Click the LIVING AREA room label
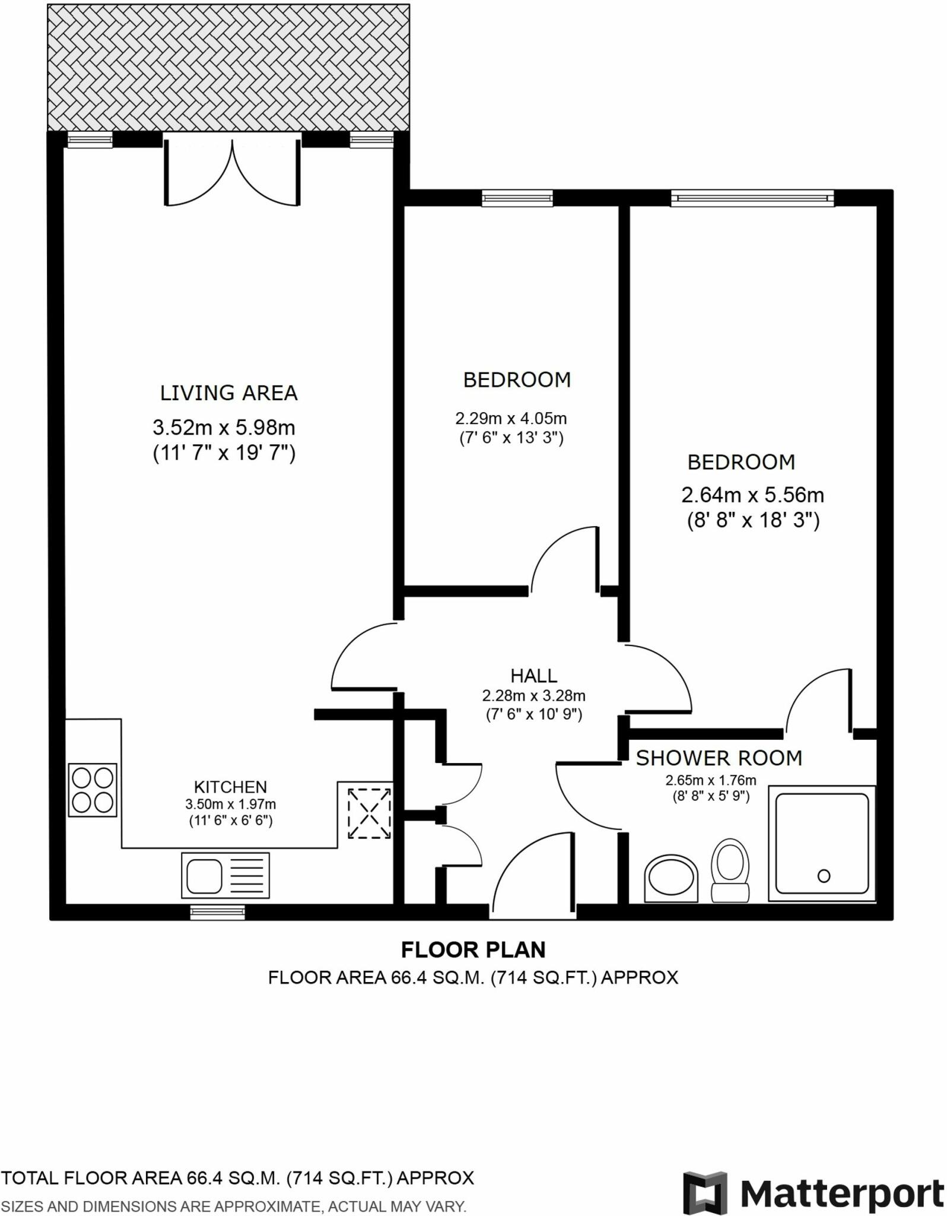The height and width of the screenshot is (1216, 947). tap(228, 393)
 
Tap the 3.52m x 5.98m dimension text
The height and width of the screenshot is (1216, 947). tap(224, 427)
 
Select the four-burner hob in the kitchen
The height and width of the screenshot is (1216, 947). tap(93, 790)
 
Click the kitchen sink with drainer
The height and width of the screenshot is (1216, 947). tap(225, 875)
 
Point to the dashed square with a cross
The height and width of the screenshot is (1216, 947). tap(369, 813)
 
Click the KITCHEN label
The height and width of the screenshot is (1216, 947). tap(230, 787)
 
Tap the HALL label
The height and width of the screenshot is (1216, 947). tap(533, 676)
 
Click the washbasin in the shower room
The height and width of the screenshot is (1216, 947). tap(671, 878)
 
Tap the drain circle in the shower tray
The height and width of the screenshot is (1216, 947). tap(824, 876)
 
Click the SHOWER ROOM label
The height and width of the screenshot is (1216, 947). tap(719, 758)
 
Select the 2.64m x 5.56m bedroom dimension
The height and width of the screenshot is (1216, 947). tap(752, 495)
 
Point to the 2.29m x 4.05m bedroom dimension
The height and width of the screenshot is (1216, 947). tap(511, 419)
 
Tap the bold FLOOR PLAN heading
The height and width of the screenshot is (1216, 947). tap(473, 950)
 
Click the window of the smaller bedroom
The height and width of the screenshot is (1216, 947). tap(517, 198)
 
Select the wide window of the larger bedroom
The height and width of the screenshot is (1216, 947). tap(752, 198)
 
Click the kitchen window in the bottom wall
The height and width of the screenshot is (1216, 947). tap(217, 912)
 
